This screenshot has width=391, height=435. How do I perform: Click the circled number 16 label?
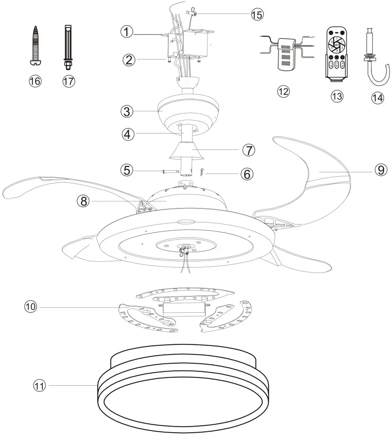35,81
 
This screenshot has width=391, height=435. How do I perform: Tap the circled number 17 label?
68,81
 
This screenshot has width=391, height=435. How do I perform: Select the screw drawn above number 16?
35,45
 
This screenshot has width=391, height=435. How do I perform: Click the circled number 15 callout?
257,14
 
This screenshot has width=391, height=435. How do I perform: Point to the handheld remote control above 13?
336,54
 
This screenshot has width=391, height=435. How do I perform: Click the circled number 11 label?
40,385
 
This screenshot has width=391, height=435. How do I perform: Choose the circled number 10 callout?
32,307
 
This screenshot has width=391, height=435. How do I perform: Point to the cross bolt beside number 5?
169,171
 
